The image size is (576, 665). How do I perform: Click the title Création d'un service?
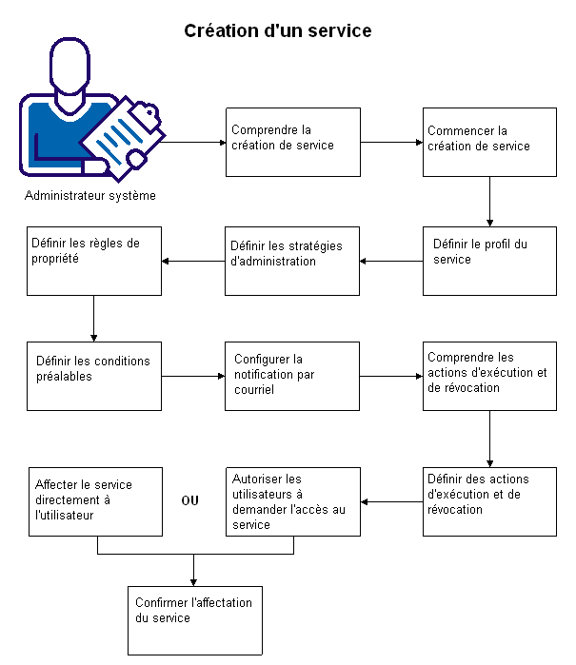click(x=277, y=31)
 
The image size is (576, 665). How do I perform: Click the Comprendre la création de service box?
click(x=292, y=142)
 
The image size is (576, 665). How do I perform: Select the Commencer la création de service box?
click(x=489, y=142)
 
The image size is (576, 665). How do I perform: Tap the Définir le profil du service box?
click(x=489, y=261)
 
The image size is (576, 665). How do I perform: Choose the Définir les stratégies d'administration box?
click(x=292, y=261)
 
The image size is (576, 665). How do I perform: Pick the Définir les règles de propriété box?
click(x=94, y=261)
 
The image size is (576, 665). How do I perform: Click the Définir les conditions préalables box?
click(x=94, y=376)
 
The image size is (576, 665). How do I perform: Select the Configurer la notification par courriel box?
click(x=292, y=376)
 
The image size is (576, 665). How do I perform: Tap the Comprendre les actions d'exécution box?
click(x=489, y=376)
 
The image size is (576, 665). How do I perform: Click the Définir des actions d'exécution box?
click(x=489, y=501)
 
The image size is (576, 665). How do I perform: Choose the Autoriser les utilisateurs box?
click(x=292, y=501)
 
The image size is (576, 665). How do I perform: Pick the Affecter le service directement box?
click(x=94, y=501)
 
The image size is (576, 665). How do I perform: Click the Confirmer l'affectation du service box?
click(x=194, y=620)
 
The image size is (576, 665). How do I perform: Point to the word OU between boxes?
click(x=190, y=500)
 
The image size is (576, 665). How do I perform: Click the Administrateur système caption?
click(x=90, y=196)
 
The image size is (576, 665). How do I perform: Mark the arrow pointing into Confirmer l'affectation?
click(x=194, y=571)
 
